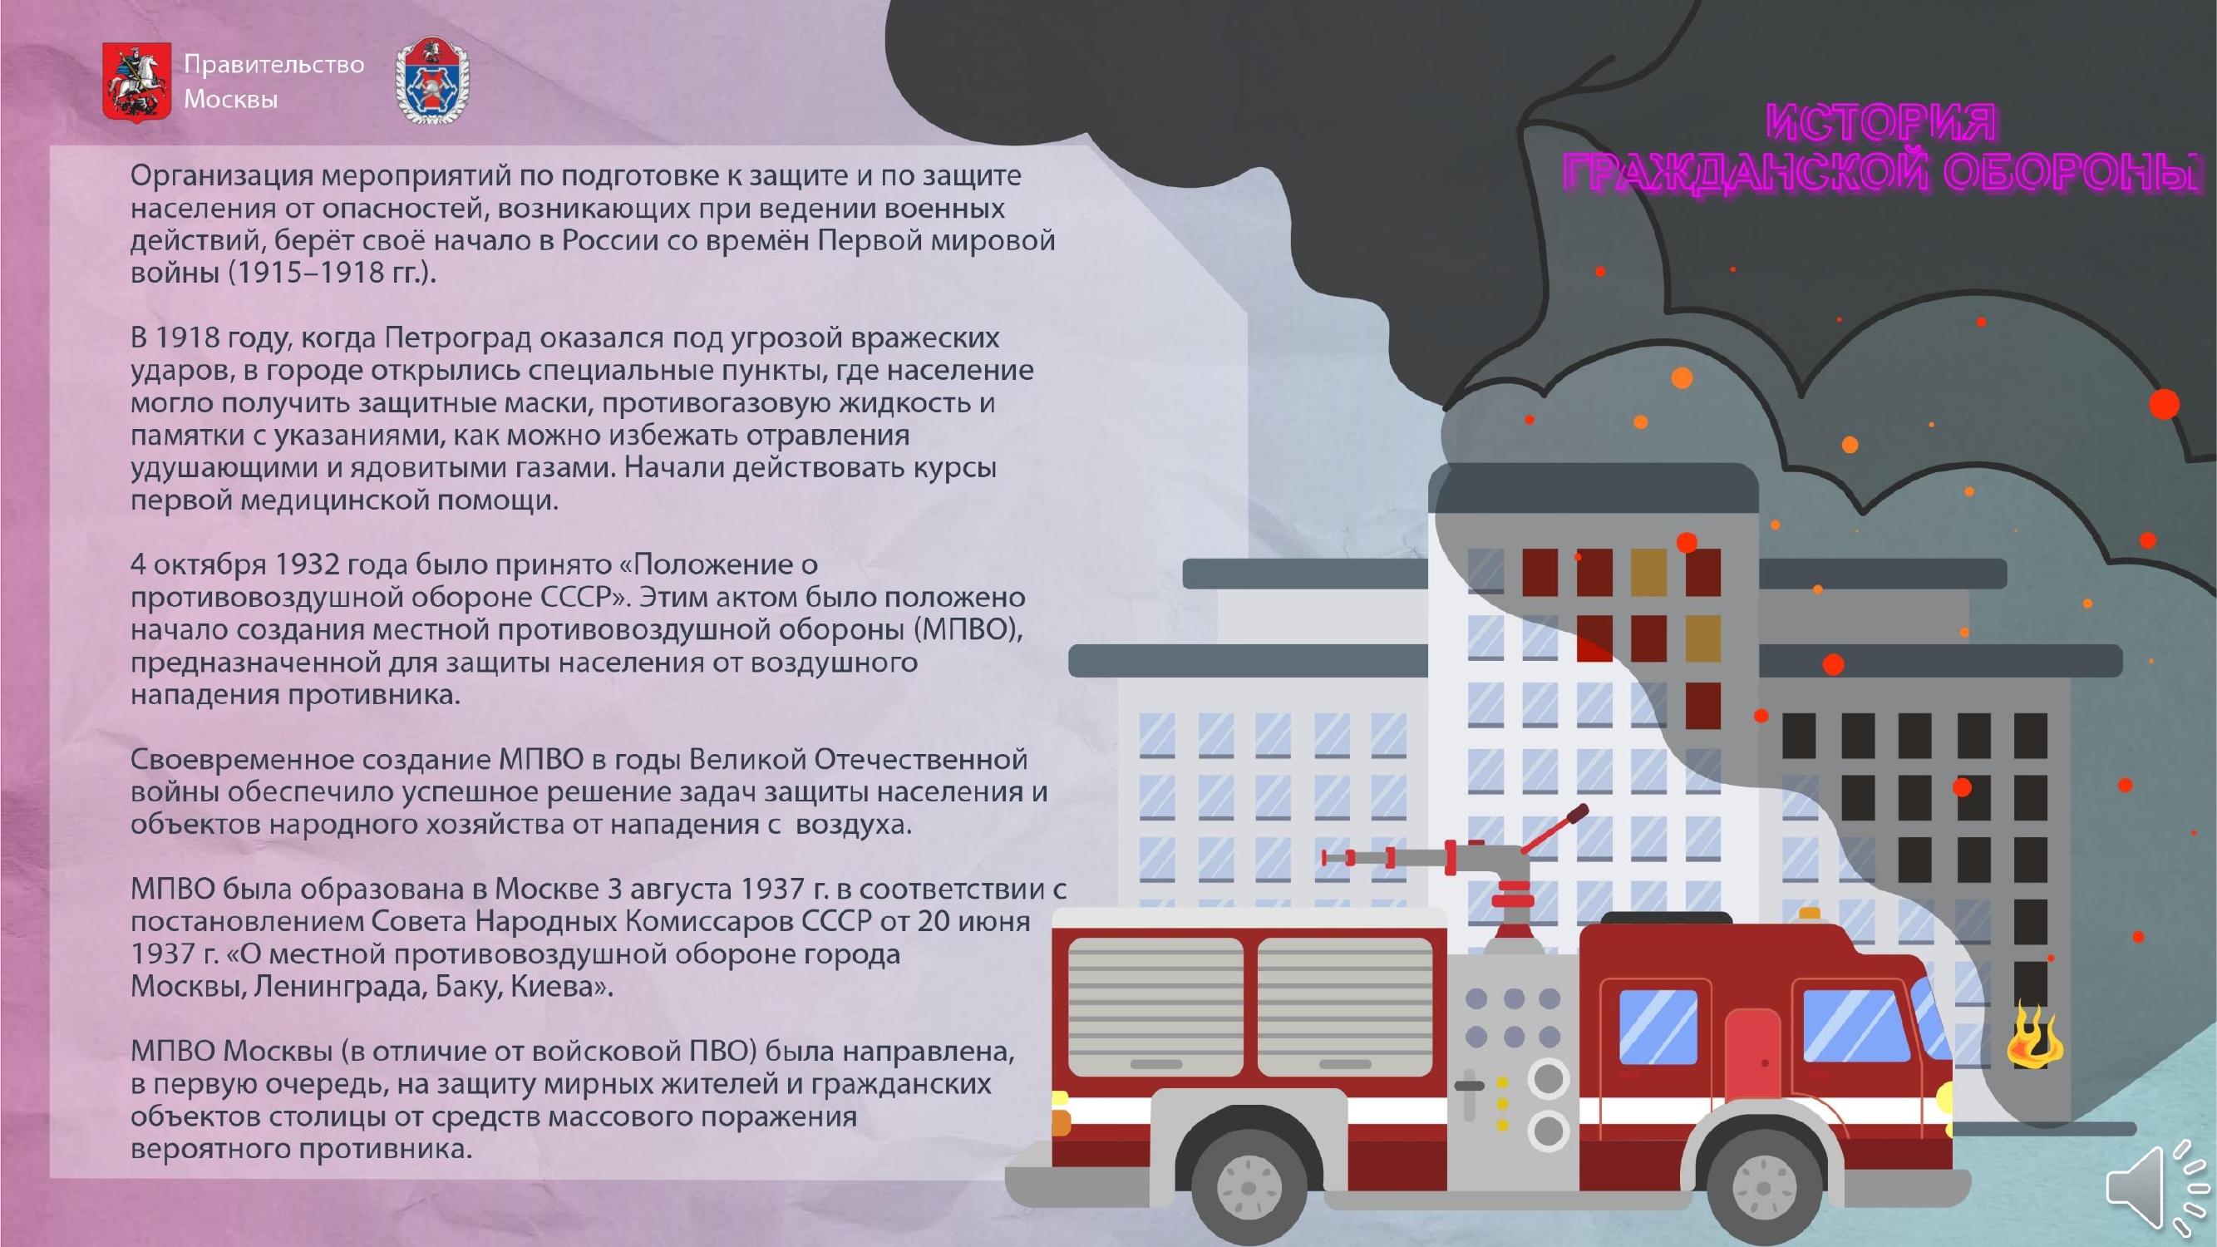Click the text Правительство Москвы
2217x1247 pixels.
pyautogui.click(x=273, y=81)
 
